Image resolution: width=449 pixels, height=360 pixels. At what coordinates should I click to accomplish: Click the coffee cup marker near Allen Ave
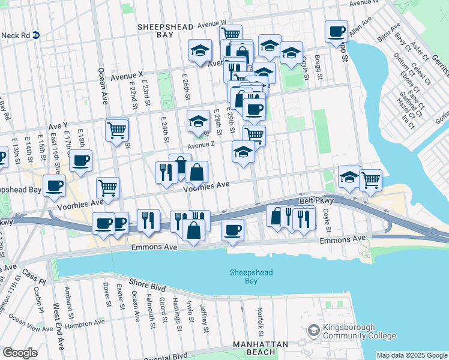(337, 31)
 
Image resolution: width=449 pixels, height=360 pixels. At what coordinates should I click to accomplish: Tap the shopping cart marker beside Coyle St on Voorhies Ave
(370, 179)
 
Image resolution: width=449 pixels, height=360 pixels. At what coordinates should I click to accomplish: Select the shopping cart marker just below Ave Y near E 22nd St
(117, 129)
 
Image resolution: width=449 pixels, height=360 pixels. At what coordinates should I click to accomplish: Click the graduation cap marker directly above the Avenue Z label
(199, 121)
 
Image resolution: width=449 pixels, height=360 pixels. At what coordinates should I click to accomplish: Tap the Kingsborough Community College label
(350, 331)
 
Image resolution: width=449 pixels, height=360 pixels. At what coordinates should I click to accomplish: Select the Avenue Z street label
(200, 145)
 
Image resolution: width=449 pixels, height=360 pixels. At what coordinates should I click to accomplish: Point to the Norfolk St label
(261, 322)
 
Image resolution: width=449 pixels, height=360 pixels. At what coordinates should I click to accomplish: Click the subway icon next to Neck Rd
(36, 35)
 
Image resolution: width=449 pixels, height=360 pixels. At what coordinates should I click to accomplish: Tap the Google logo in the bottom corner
(20, 353)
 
